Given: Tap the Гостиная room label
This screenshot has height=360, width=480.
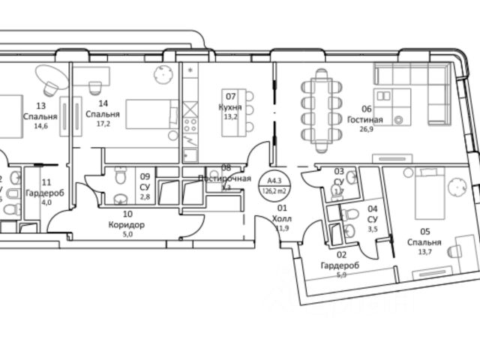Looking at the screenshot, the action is tap(365, 119).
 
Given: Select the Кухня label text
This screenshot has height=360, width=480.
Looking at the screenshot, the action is tap(231, 106).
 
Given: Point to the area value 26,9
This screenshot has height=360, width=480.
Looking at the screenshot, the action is tap(364, 129).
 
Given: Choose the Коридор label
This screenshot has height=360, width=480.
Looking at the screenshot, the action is tap(126, 224).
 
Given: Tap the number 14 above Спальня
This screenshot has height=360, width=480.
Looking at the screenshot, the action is tap(103, 103).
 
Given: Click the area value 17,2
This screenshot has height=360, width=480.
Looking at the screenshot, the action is tap(102, 125).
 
